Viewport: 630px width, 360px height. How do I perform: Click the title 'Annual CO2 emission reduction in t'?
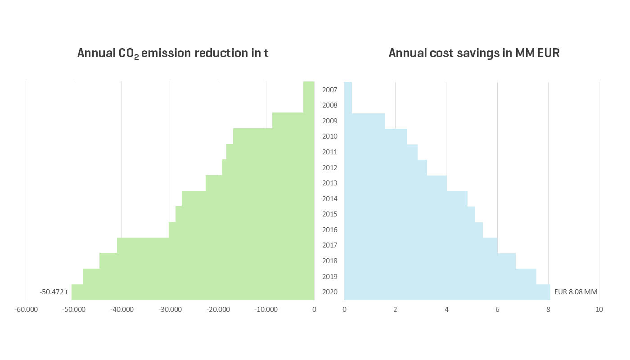point(173,53)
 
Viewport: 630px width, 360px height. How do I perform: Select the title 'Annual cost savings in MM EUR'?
point(474,53)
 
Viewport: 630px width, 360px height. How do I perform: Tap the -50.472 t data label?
point(54,292)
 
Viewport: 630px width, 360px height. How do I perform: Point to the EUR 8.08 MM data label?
point(576,292)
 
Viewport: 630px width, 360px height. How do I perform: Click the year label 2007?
point(330,90)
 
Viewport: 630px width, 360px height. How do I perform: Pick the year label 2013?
point(330,183)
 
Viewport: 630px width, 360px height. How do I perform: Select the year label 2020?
point(330,292)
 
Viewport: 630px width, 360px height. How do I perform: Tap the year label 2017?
point(330,245)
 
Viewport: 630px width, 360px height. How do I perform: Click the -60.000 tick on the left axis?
point(26,310)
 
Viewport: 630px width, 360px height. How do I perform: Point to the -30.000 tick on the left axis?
point(170,310)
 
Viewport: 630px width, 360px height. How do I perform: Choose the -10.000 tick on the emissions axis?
point(266,310)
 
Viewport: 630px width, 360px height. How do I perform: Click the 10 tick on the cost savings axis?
point(599,310)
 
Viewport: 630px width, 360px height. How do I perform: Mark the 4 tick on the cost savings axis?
point(446,310)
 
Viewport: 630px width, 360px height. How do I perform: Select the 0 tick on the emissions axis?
point(314,310)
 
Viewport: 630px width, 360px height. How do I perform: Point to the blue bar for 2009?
point(364,121)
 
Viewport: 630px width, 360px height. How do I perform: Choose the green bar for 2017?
point(216,245)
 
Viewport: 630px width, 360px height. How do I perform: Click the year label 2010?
point(330,136)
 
